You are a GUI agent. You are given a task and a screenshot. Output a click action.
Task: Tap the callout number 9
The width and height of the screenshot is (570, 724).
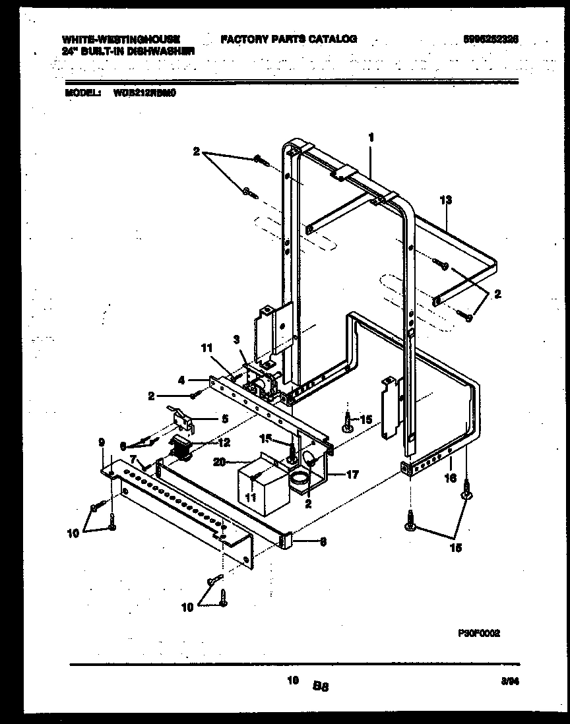click(x=102, y=442)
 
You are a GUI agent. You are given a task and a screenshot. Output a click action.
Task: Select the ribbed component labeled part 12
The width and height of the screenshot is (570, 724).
click(x=179, y=450)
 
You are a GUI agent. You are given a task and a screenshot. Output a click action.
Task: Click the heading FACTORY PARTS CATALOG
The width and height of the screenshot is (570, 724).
click(x=288, y=39)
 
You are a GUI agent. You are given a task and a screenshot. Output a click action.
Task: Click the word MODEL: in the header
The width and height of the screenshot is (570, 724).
click(x=82, y=94)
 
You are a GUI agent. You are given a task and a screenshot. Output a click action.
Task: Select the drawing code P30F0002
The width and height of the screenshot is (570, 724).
click(x=478, y=632)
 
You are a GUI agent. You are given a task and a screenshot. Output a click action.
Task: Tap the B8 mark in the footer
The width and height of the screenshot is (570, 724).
click(x=321, y=686)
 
